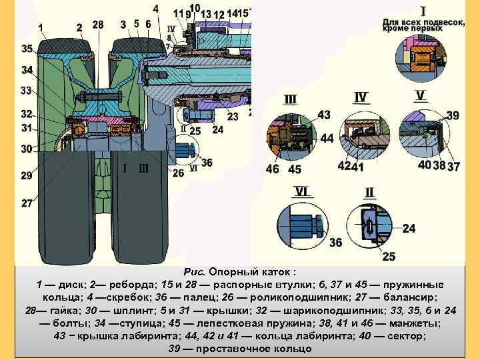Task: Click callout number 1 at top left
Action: point(42,27)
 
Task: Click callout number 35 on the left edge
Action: point(27,49)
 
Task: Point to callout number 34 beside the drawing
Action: point(27,70)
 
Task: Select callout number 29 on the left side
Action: point(26,175)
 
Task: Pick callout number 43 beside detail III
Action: point(324,115)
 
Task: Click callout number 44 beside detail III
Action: point(327,139)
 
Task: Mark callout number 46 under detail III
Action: point(273,169)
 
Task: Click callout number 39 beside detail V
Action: point(453,116)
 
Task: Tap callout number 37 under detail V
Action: point(454,165)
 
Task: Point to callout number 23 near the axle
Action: point(233,117)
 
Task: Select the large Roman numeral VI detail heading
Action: point(301,191)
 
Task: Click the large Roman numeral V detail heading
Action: point(420,95)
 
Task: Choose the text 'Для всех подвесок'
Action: point(423,21)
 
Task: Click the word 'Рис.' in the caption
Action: point(193,273)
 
